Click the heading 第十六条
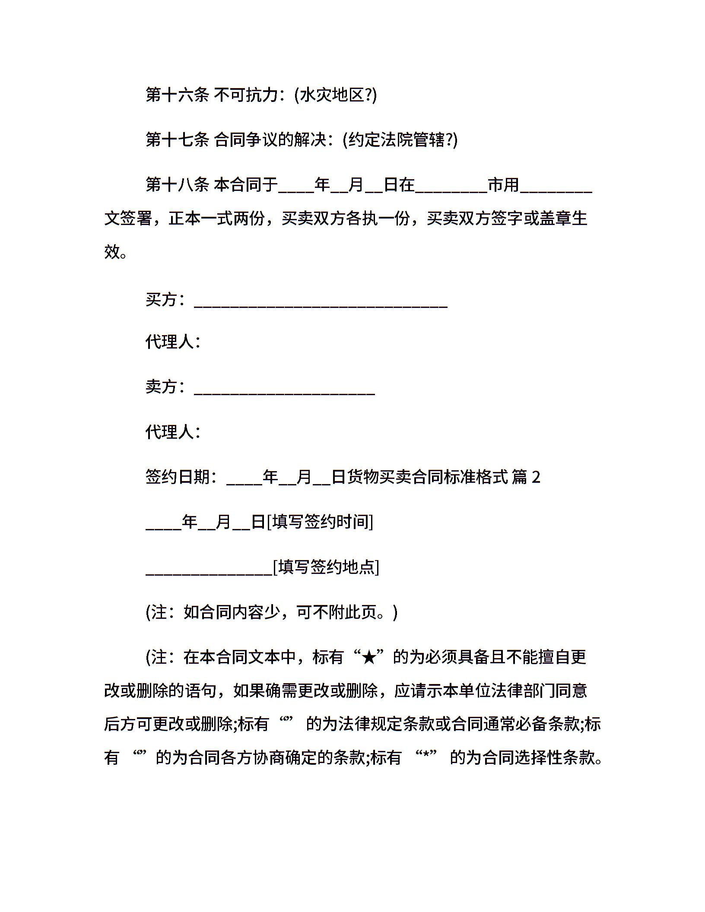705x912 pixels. click(177, 95)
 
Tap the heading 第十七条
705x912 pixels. click(177, 140)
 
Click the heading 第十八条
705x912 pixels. click(177, 185)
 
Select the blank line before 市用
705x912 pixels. click(451, 190)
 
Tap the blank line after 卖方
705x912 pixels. click(284, 393)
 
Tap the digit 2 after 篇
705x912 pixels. click(536, 478)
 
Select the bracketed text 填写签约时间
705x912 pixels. click(320, 522)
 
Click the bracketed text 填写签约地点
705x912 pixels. click(326, 567)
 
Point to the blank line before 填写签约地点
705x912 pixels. click(209, 573)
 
